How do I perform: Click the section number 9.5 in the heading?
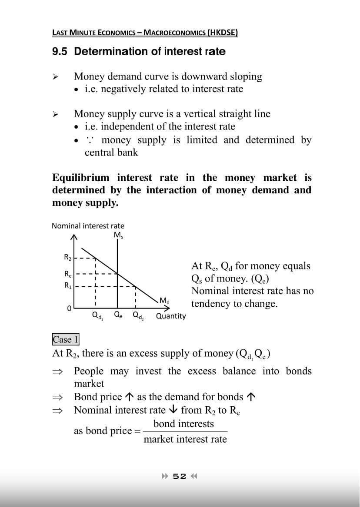tap(60, 52)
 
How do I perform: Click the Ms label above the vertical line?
tap(118, 235)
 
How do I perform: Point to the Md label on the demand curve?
tap(164, 300)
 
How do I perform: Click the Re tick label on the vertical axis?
tap(68, 274)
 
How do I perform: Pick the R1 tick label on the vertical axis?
tap(68, 286)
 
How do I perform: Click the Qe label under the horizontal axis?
tap(118, 315)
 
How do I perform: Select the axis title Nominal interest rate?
tap(88, 226)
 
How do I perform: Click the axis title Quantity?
tap(171, 316)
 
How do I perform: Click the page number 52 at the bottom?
tap(180, 476)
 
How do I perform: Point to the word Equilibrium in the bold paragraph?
tap(81, 178)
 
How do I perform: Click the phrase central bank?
tap(111, 152)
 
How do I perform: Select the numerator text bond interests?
tap(183, 424)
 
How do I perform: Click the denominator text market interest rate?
tap(185, 439)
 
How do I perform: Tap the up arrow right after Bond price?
tap(129, 397)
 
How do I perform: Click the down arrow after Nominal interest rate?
tap(173, 410)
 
